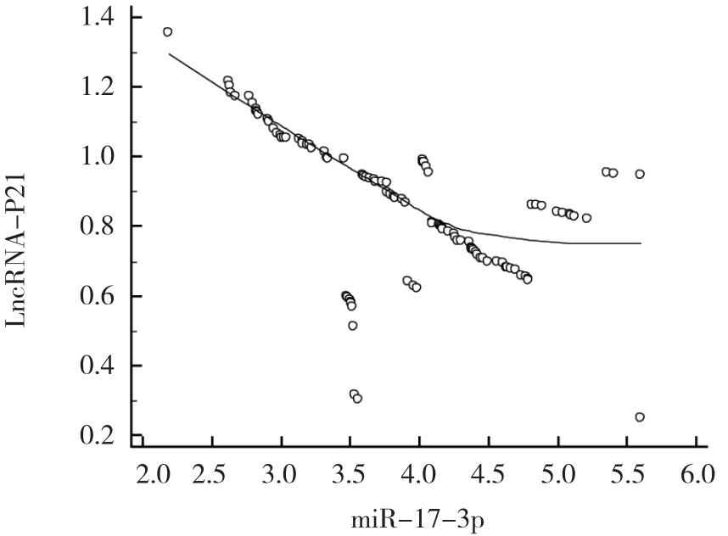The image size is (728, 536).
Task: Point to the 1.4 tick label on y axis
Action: click(101, 17)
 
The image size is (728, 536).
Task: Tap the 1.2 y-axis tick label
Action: click(101, 87)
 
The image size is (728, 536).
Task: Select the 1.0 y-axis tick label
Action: click(101, 157)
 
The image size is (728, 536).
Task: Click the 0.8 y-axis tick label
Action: click(101, 226)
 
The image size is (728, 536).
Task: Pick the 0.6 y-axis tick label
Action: click(101, 296)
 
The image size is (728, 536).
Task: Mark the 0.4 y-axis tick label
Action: click(101, 366)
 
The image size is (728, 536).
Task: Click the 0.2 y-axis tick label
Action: click(101, 436)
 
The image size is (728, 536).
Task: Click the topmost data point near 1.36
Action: click(167, 32)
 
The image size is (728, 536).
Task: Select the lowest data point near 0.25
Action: click(640, 416)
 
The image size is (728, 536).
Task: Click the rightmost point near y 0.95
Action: click(640, 174)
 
